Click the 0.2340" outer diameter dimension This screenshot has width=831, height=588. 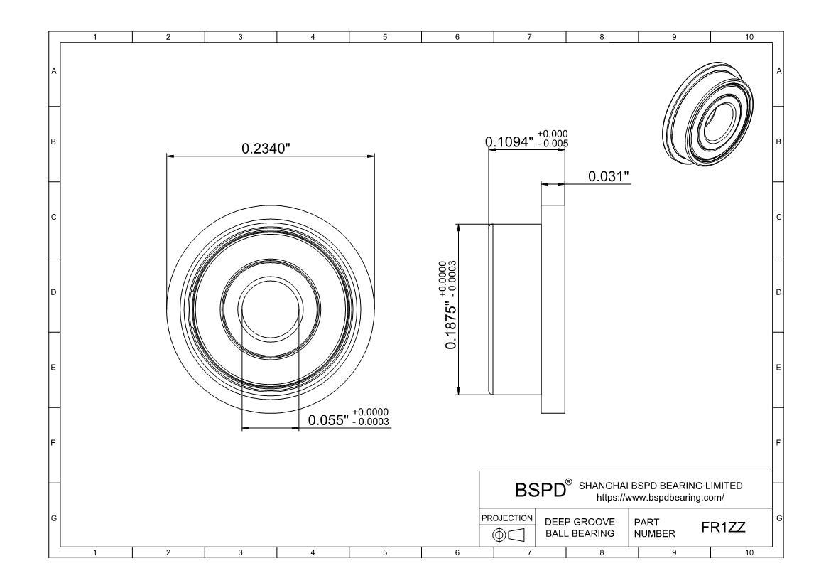[266, 149]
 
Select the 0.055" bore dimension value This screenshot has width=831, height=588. [329, 420]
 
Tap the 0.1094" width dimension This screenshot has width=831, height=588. [509, 141]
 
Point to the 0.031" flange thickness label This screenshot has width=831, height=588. [609, 176]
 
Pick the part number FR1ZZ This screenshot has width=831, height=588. [724, 527]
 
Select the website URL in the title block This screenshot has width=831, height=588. [661, 498]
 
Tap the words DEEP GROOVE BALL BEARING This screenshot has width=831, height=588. [580, 528]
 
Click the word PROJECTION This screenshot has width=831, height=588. [506, 518]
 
